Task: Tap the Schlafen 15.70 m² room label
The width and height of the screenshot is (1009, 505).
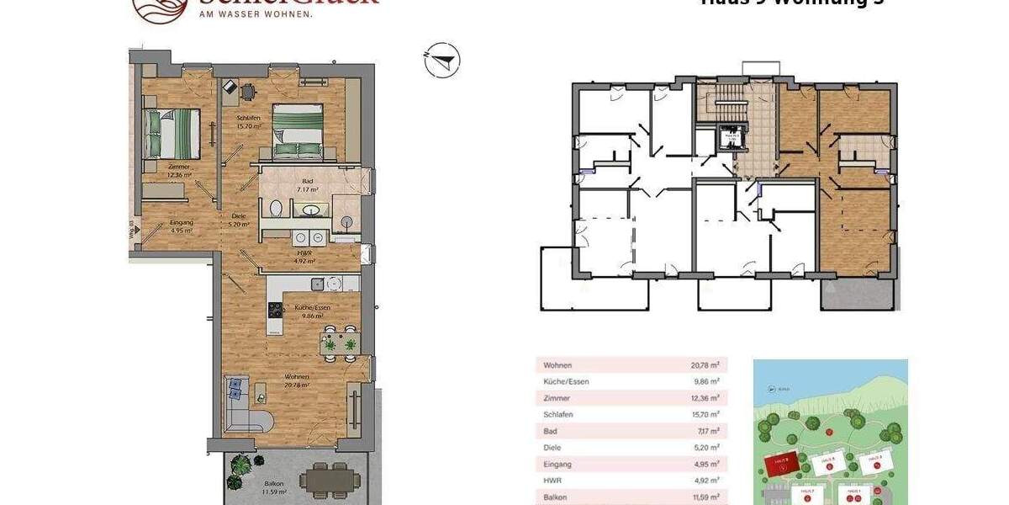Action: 247,121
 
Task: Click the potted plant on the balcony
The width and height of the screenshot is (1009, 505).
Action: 246,478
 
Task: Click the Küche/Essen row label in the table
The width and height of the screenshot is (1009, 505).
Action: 566,381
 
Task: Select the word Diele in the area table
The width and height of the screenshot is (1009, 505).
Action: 552,448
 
